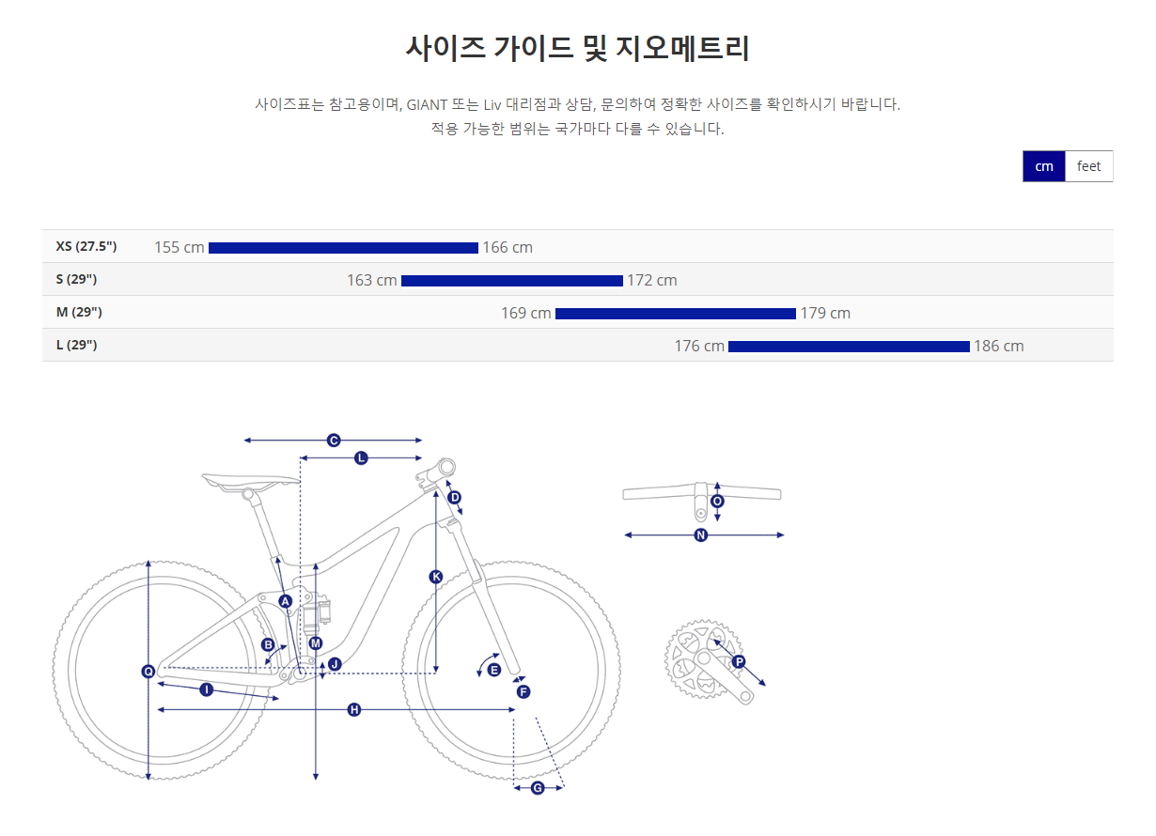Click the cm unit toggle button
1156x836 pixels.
pos(1043,166)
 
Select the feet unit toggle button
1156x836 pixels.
pos(1088,166)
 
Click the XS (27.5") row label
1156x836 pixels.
pos(86,246)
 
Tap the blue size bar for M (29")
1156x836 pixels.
pos(675,314)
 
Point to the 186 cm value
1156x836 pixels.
pos(999,346)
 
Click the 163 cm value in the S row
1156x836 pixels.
pos(371,281)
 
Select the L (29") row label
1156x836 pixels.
pos(76,345)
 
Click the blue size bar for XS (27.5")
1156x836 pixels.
pos(343,248)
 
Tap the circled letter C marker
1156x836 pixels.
pos(334,441)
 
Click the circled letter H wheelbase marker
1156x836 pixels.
pos(354,710)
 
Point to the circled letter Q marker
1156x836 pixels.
pos(148,672)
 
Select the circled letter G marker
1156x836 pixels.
pos(538,788)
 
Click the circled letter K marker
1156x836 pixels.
pos(436,577)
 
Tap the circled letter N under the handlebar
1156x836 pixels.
pos(701,535)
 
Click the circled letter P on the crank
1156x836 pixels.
pos(739,661)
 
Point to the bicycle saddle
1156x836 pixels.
pos(250,482)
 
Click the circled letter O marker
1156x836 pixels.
pos(717,502)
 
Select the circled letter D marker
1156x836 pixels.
pos(455,498)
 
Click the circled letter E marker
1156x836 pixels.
pos(493,670)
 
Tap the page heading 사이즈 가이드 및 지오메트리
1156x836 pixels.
pos(577,48)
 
